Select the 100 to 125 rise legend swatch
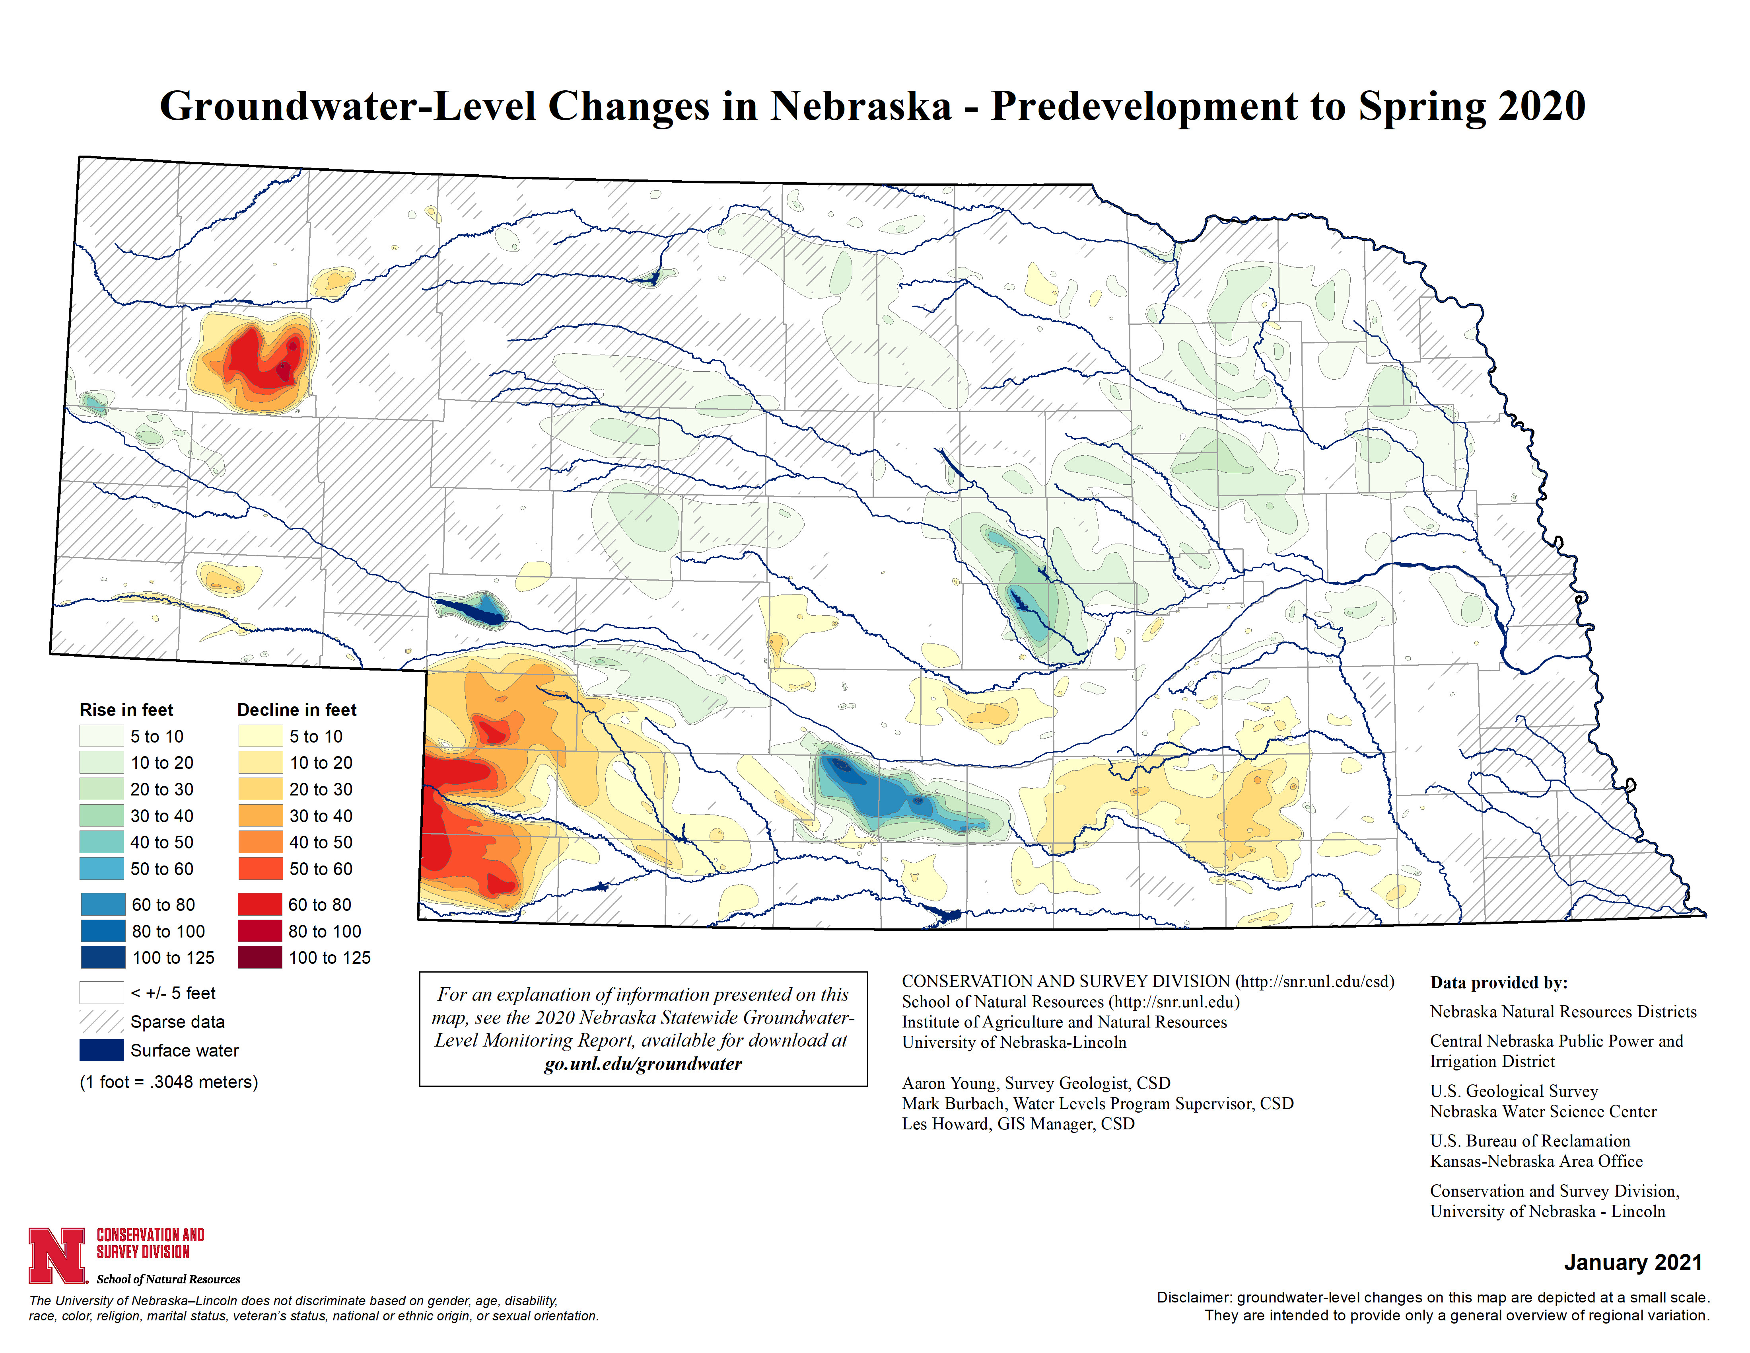103,957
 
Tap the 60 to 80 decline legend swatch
260,904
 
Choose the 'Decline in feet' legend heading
296,710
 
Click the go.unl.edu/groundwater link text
643,1064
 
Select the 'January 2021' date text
1632,1262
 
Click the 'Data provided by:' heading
1498,983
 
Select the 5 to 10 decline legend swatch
260,736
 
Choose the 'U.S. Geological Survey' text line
1514,1091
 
